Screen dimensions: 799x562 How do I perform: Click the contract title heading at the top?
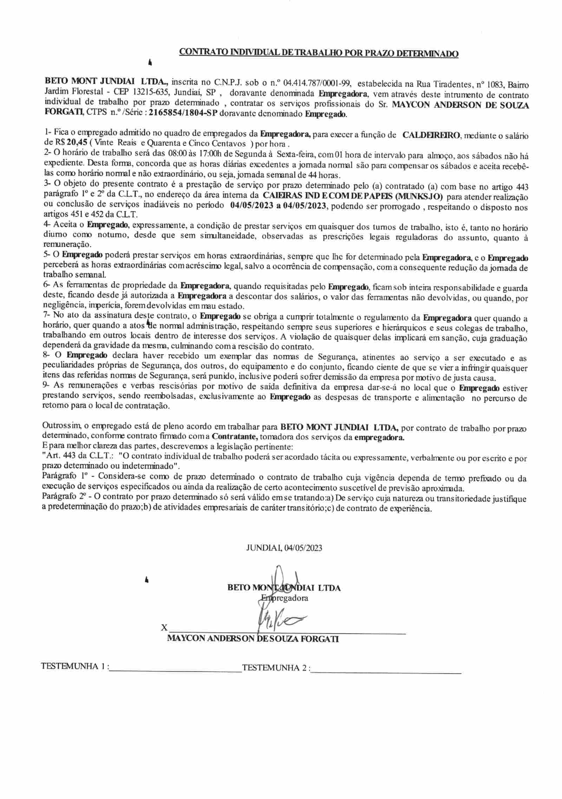319,53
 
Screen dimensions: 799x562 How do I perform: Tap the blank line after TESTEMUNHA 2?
386,672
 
